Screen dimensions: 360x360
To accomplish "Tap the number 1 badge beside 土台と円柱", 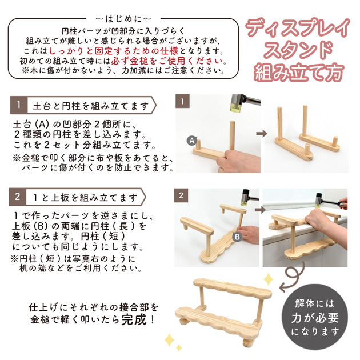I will coord(19,106).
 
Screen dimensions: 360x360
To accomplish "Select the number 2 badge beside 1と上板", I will coord(19,197).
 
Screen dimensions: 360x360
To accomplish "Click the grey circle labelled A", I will coord(192,139).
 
